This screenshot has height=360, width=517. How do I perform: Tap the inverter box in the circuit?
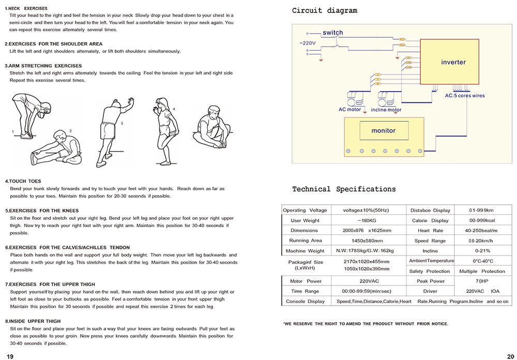click(x=453, y=62)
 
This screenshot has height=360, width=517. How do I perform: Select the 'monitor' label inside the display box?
click(x=383, y=131)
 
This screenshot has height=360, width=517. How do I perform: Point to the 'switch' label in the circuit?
click(x=332, y=33)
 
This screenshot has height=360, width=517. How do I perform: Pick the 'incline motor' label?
click(x=386, y=110)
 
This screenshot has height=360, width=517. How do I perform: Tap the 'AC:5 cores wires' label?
click(x=465, y=96)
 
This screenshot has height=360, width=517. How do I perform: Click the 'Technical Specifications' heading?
click(x=344, y=189)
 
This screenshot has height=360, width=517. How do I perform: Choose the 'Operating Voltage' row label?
click(x=305, y=211)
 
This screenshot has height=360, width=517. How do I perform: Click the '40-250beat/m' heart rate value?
click(x=481, y=231)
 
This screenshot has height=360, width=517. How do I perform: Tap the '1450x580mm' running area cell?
click(x=366, y=241)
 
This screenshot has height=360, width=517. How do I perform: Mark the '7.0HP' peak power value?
click(x=481, y=281)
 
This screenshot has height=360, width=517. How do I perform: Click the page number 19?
click(x=10, y=356)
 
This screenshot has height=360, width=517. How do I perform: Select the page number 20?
click(x=510, y=356)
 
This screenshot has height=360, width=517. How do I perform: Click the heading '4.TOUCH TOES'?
click(x=23, y=182)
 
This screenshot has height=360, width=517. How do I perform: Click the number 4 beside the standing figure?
click(x=174, y=109)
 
